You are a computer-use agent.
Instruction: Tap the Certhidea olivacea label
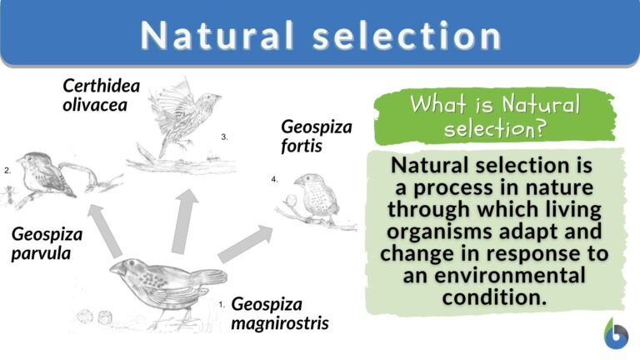[101, 96]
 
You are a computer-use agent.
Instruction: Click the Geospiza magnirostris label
[279, 313]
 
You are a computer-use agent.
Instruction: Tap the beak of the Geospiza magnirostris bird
[119, 268]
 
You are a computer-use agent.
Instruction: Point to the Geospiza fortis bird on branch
[316, 197]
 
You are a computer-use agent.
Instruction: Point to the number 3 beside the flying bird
[224, 136]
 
